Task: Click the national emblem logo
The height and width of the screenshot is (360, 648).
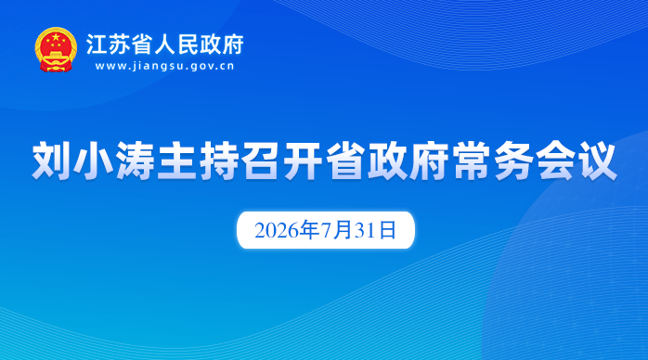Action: coord(56,49)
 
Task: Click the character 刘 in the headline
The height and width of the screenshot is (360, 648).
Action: coord(51,161)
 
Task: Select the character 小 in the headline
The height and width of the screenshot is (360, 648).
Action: coord(94,161)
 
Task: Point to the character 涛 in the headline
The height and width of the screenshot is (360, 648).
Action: coord(136,161)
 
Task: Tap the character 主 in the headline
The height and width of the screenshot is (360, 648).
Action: coord(177,161)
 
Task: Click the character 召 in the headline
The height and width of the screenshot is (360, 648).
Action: coord(262,161)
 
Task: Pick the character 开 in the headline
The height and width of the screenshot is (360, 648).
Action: coord(304,161)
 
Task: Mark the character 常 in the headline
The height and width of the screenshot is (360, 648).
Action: coord(472,161)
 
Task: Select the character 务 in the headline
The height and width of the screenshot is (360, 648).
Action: coord(514,161)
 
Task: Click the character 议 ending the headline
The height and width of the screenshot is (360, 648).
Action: coord(599,161)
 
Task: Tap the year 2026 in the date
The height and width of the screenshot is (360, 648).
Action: coord(277,230)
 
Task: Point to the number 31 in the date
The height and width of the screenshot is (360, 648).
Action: coord(364,230)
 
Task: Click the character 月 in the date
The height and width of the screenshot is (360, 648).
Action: coord(343,230)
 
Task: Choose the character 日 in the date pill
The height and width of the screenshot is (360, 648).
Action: coord(388,230)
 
